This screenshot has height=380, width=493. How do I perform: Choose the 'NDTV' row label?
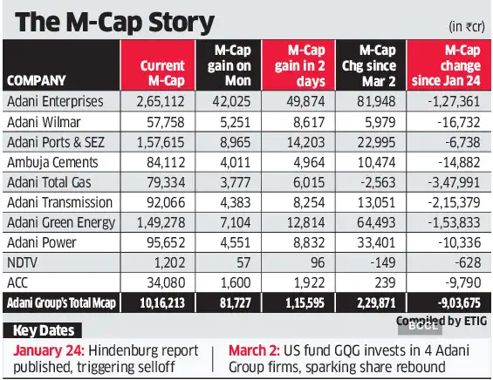tap(21, 261)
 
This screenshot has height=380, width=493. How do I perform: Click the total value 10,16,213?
tap(161, 302)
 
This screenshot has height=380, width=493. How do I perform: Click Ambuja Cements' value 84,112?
tap(167, 161)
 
